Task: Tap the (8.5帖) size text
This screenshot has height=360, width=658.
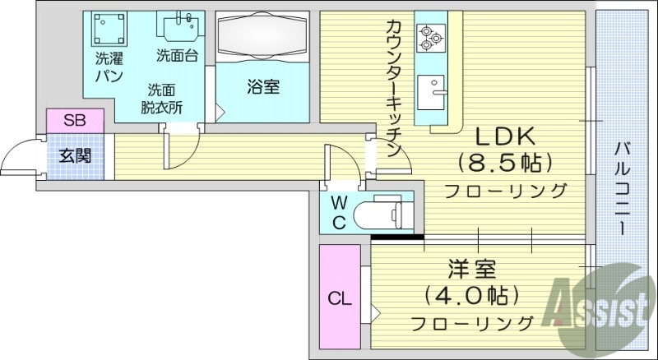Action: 504,164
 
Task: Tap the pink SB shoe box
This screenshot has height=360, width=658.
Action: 75,121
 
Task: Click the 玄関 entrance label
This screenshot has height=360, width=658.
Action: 75,155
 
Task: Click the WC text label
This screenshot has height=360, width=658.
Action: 338,212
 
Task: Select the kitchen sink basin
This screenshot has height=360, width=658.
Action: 429,90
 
